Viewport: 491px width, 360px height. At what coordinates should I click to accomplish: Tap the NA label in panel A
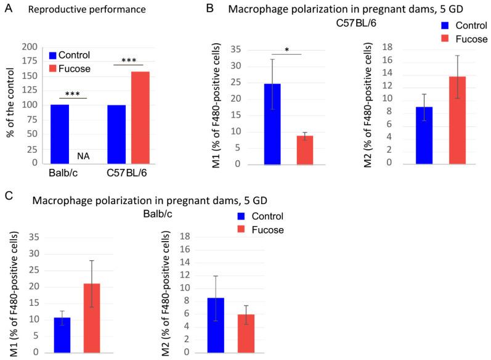point(100,157)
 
